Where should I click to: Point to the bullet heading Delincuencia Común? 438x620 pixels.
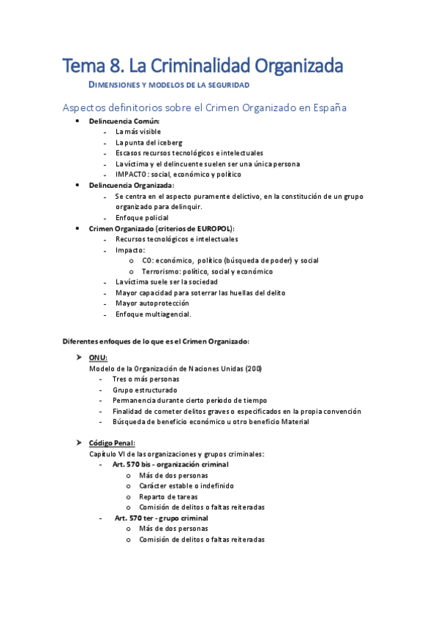click(124, 121)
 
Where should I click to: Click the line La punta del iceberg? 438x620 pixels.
click(148, 143)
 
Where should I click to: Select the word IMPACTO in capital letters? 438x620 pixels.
click(132, 175)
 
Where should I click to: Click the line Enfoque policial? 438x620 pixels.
click(142, 218)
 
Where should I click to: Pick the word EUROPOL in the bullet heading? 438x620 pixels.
click(214, 229)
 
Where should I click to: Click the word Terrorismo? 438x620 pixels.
click(162, 271)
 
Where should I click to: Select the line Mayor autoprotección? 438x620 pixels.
click(152, 303)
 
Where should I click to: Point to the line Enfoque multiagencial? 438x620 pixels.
click(153, 314)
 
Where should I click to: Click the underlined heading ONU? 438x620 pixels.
click(98, 357)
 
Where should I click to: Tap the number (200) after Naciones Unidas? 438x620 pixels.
click(254, 368)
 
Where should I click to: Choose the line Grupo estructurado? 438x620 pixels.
click(145, 390)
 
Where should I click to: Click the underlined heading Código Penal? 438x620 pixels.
click(112, 443)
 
